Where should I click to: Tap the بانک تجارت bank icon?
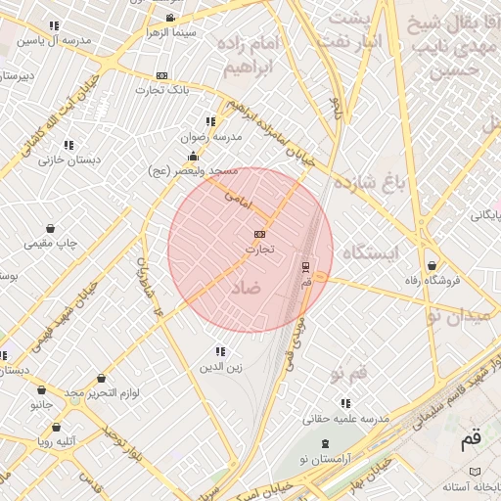[x=161, y=75]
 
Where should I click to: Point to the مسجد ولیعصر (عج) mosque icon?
[x=193, y=157]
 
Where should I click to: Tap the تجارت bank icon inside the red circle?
[x=259, y=234]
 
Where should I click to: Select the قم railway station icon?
[x=306, y=266]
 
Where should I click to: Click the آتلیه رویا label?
[x=57, y=441]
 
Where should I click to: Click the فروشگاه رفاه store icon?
[x=432, y=265]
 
